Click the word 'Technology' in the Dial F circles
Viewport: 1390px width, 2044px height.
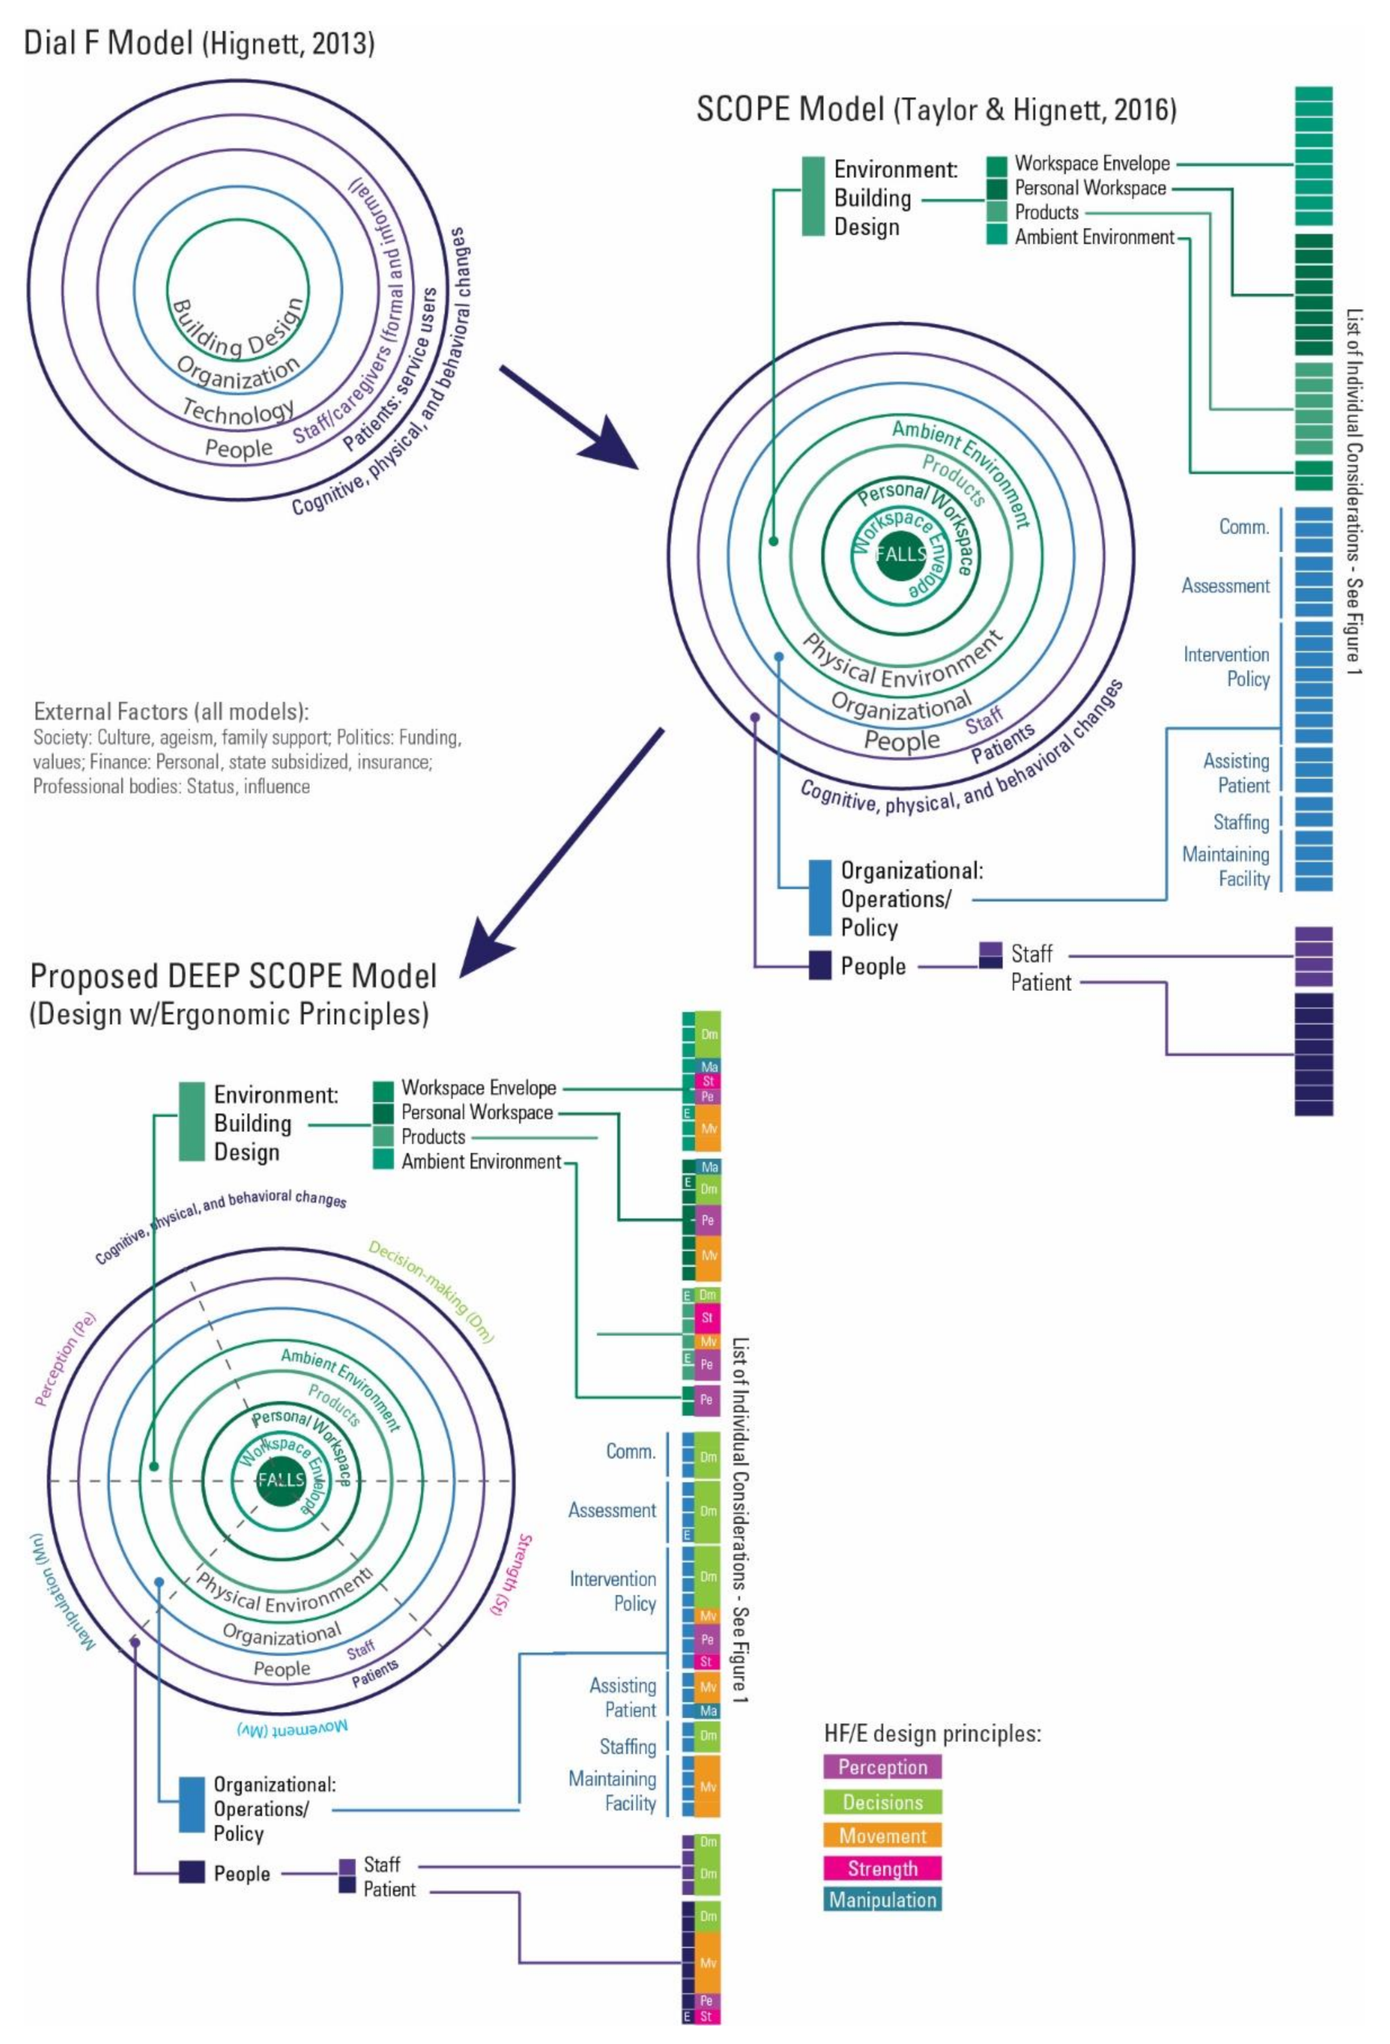click(x=238, y=410)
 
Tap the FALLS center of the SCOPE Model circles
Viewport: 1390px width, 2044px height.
click(x=901, y=554)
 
